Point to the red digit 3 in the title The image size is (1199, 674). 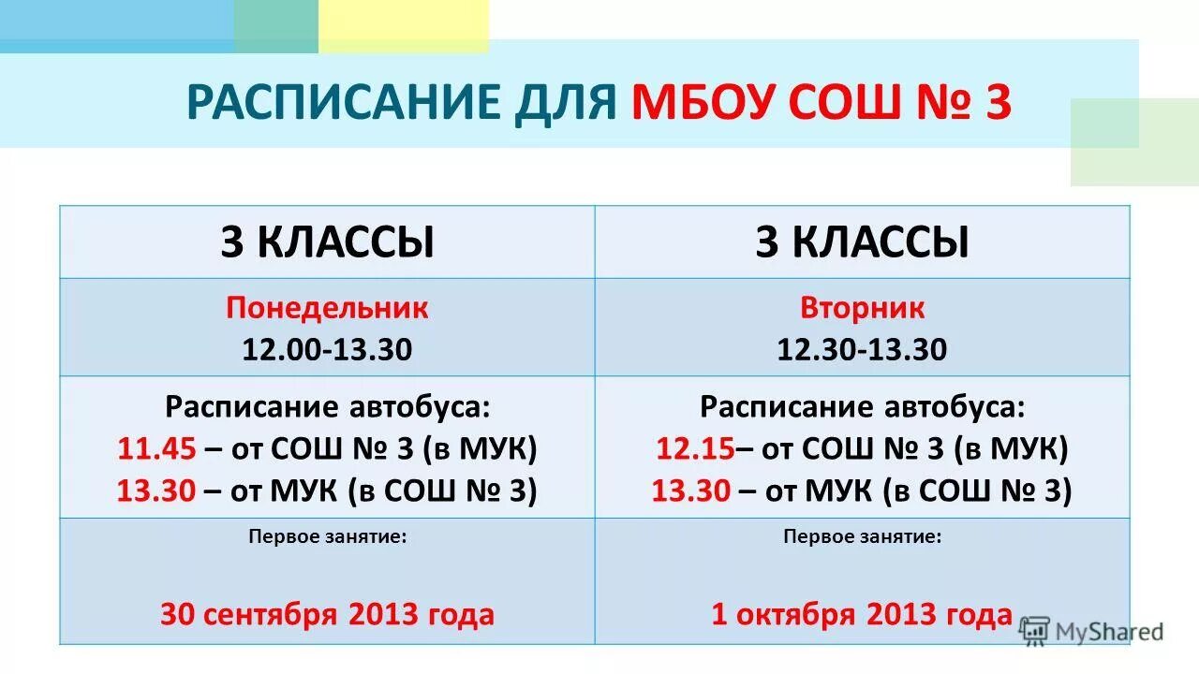point(997,102)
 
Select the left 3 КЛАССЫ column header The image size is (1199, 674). point(327,242)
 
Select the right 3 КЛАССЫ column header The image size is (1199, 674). point(862,242)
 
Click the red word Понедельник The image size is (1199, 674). point(327,308)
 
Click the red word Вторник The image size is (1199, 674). point(862,308)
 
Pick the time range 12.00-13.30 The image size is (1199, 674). point(327,349)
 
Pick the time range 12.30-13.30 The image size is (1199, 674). point(862,349)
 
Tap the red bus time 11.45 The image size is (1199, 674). point(156,449)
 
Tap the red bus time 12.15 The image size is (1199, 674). point(694,449)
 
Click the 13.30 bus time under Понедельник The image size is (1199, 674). point(156,491)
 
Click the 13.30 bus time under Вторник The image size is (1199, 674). point(691,491)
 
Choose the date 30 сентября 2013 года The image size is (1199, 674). point(327,614)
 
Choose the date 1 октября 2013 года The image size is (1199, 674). point(862,614)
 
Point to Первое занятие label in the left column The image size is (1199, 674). point(327,537)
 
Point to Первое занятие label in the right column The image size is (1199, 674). point(862,537)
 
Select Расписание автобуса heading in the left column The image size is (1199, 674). point(327,407)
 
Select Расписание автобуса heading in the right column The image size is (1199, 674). point(862,407)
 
